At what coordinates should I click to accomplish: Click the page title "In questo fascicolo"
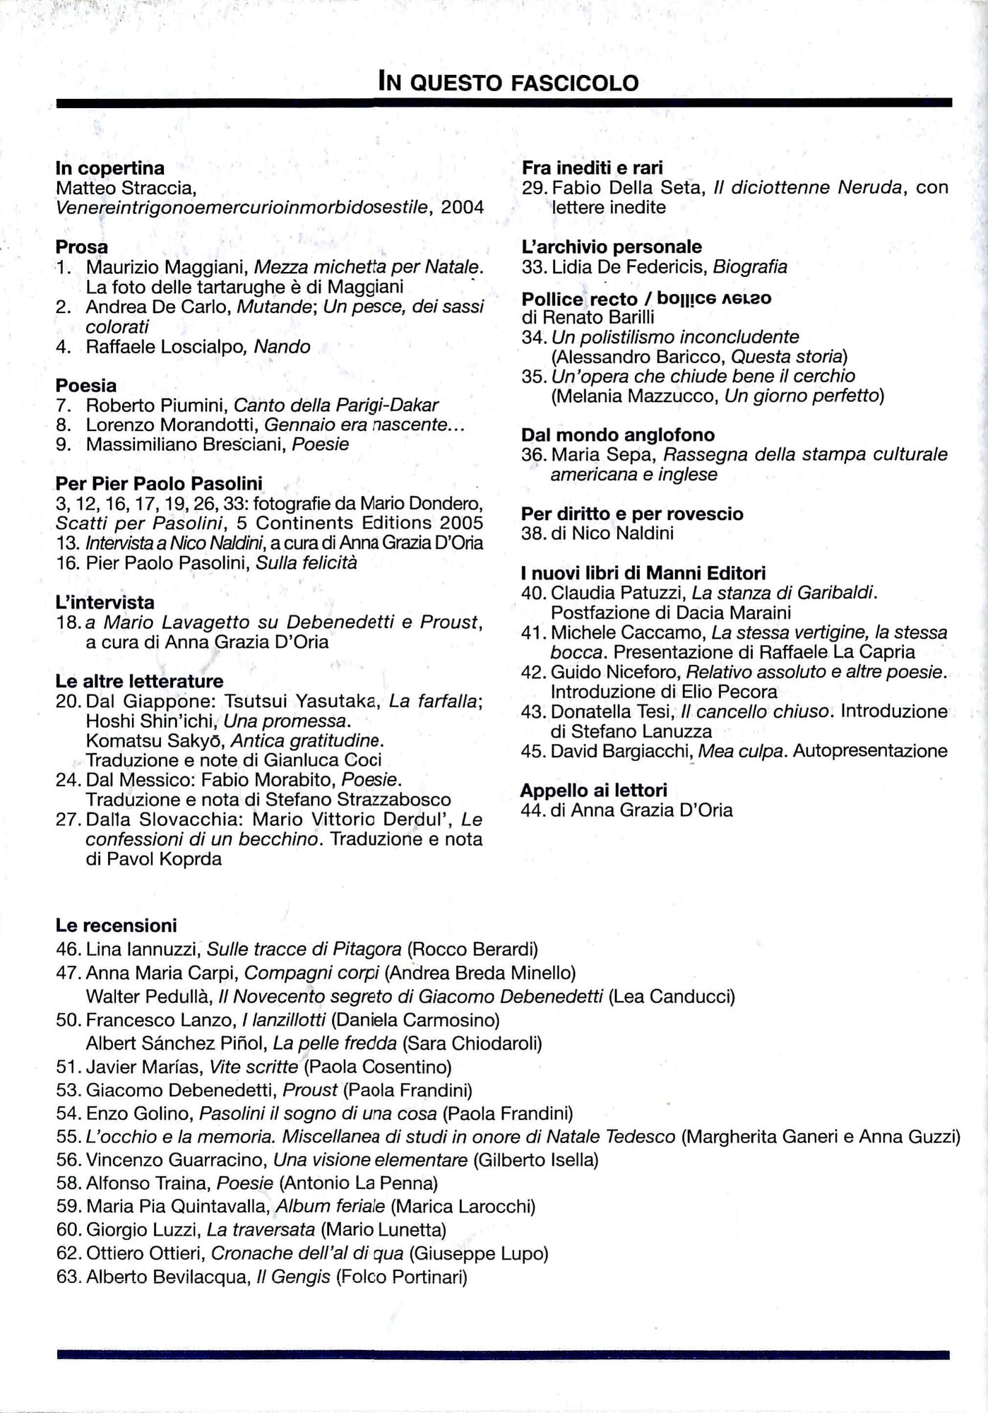tap(508, 82)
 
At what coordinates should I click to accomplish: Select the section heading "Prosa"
tap(82, 247)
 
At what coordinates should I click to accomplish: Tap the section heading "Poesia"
tap(86, 386)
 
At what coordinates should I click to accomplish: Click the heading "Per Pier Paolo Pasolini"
tap(159, 483)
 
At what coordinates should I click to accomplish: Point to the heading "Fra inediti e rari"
tap(592, 168)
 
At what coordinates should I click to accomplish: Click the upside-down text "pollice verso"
tap(714, 298)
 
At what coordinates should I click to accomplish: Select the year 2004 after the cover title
tap(463, 208)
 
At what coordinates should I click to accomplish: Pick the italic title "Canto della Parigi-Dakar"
tap(335, 406)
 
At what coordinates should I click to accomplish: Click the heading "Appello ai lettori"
tap(593, 791)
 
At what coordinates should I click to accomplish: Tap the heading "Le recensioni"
tap(117, 926)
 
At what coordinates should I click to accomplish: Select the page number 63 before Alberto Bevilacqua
tap(69, 1277)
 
